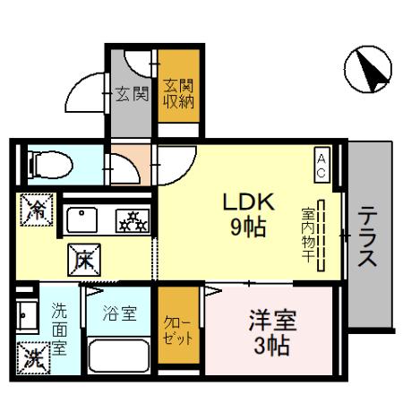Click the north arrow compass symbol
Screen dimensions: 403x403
click(x=368, y=69)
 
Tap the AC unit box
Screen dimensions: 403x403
click(x=322, y=165)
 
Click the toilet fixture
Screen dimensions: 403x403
click(x=50, y=165)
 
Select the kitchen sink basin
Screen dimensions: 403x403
click(x=81, y=220)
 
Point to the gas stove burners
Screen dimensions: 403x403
click(x=133, y=221)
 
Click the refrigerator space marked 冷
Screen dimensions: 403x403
click(x=37, y=210)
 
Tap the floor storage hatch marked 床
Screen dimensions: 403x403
click(x=84, y=260)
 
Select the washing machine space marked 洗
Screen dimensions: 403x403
click(x=33, y=358)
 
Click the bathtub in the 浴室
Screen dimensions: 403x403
click(x=118, y=356)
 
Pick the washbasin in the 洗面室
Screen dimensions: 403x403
click(x=27, y=316)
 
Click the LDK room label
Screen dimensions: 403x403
click(x=249, y=202)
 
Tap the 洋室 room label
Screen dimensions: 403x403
click(x=272, y=321)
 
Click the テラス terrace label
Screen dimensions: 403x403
click(x=367, y=236)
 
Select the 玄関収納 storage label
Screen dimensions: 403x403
click(x=178, y=94)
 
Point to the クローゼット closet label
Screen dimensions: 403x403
click(x=178, y=331)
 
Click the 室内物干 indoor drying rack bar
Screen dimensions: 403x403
click(x=321, y=236)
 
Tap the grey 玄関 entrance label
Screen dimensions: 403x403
click(x=132, y=94)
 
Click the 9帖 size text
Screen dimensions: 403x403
click(x=248, y=227)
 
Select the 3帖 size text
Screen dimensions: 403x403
click(x=272, y=346)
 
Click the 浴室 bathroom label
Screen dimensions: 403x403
click(x=120, y=313)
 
